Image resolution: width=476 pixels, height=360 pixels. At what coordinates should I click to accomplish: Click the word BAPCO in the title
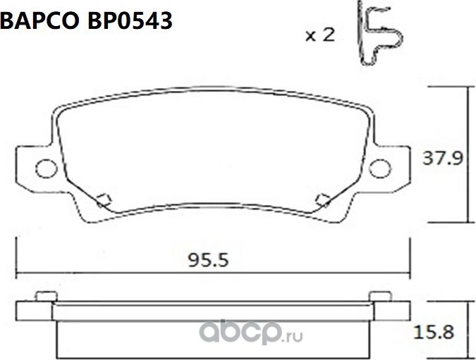point(40,21)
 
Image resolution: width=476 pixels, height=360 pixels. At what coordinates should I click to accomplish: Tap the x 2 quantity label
point(319,35)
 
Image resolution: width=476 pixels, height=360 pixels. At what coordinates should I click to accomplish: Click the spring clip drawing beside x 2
point(379,34)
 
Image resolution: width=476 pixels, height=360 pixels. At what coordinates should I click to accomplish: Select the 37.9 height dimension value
point(441,159)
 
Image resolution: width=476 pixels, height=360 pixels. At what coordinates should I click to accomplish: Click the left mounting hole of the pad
point(45,168)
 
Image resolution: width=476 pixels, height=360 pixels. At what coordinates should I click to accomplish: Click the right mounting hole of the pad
point(379,168)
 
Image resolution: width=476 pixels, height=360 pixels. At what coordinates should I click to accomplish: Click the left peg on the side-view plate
point(42,297)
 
